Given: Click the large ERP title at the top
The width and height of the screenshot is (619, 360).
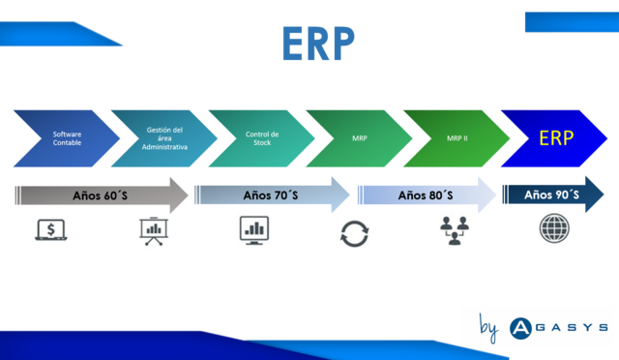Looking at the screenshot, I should pyautogui.click(x=318, y=45).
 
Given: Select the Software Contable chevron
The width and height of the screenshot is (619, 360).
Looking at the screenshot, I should pyautogui.click(x=66, y=137).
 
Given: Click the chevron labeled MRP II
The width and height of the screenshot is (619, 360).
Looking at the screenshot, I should pyautogui.click(x=457, y=137).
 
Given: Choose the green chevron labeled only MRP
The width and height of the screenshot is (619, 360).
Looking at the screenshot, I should pyautogui.click(x=359, y=137).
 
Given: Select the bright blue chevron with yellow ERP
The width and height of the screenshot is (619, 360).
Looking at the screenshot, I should pyautogui.click(x=556, y=137).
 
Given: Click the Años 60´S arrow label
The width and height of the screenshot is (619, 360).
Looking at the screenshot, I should pyautogui.click(x=102, y=195).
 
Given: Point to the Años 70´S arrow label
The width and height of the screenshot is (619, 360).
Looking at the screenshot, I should pyautogui.click(x=271, y=195).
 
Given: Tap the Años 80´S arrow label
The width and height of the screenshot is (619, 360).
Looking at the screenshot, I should pyautogui.click(x=426, y=195).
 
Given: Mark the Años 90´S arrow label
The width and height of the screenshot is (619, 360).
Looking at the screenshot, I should pyautogui.click(x=551, y=195).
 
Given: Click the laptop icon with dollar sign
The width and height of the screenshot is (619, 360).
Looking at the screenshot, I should pyautogui.click(x=50, y=230).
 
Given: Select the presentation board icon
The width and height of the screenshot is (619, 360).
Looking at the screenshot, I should pyautogui.click(x=153, y=232).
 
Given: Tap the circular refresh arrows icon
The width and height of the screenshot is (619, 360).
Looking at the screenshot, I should pyautogui.click(x=353, y=234).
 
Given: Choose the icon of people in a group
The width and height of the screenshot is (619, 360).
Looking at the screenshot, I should pyautogui.click(x=455, y=232).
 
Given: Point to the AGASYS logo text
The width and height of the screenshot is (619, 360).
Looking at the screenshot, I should pyautogui.click(x=558, y=327).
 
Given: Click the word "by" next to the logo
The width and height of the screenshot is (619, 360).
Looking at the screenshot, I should pyautogui.click(x=488, y=328).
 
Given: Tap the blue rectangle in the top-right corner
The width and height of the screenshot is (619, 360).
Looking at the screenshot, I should pyautogui.click(x=571, y=22).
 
